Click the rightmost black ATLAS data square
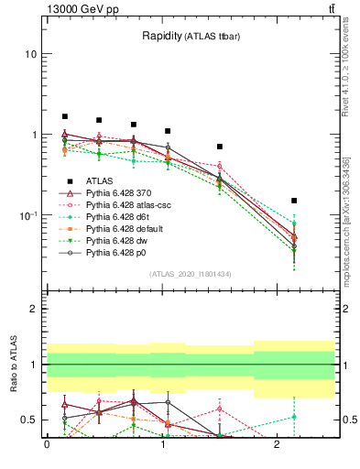[x=294, y=201]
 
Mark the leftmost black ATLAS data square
[x=65, y=116]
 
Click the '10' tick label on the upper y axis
[x=30, y=54]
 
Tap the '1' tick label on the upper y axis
[x=33, y=135]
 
